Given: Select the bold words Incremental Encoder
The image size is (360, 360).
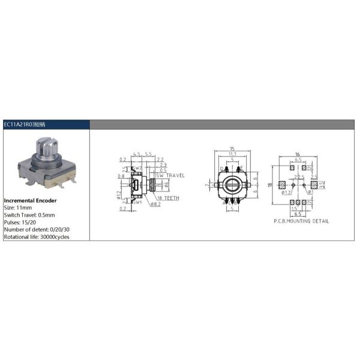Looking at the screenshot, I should (31, 200).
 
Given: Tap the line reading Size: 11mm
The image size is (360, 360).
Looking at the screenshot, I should (19, 208).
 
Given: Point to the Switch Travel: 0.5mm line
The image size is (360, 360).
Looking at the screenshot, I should (29, 215).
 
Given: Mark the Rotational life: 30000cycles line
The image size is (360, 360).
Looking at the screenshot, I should (37, 236).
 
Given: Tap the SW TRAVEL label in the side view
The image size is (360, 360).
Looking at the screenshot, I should (172, 176).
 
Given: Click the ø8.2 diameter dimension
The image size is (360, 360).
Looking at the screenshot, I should (155, 205).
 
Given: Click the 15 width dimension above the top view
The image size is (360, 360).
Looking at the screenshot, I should (231, 149).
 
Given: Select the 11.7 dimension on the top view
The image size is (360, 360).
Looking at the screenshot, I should (231, 155).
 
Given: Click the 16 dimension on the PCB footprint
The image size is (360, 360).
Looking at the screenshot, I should (298, 155).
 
